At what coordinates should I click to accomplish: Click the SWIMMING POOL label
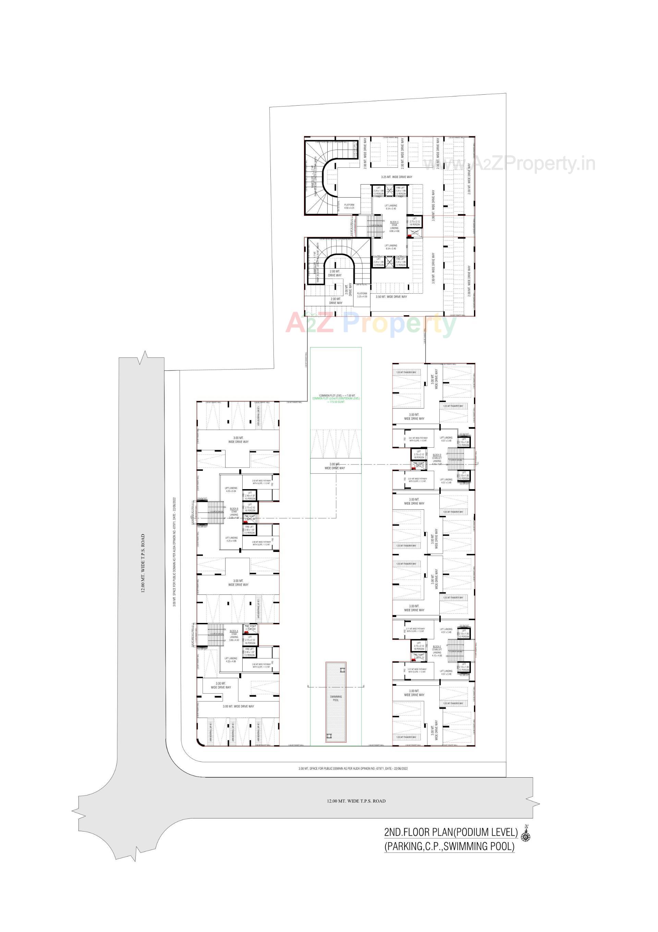[x=336, y=698]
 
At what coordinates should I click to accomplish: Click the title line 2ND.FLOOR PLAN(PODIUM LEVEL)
[x=451, y=833]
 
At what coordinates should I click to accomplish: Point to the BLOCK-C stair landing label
[x=394, y=226]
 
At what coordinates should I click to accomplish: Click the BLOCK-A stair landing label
[x=234, y=635]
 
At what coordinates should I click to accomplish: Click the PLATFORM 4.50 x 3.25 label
[x=349, y=206]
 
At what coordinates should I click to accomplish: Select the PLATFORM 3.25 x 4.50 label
[x=362, y=295]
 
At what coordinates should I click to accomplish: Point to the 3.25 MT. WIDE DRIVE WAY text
[x=396, y=177]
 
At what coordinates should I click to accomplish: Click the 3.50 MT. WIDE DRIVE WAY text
[x=391, y=297]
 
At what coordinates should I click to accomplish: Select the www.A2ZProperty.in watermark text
[x=509, y=164]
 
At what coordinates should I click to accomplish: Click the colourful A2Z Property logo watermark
[x=371, y=323]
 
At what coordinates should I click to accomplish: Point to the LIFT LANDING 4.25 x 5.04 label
[x=231, y=489]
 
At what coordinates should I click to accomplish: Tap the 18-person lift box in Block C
[x=415, y=222]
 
